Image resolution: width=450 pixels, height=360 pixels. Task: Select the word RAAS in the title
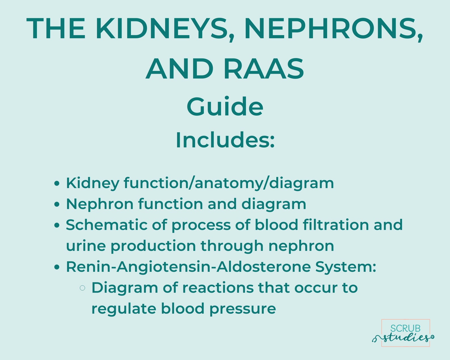264,69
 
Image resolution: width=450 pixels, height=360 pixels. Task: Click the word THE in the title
56,29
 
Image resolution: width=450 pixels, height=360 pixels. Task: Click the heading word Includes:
225,140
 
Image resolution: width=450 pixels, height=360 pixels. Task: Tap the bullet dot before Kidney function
57,183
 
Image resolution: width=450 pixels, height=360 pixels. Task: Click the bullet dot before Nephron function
57,204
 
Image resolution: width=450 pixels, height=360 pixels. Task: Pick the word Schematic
107,225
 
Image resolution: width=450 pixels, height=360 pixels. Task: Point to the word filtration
336,225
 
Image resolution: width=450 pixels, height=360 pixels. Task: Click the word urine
86,246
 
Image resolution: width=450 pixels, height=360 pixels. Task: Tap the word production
153,246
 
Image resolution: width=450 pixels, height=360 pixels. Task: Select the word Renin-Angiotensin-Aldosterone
188,267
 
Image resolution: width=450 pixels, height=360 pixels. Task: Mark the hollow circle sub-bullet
82,288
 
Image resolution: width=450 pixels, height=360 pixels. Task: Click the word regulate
124,309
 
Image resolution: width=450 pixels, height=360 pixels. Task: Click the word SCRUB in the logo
405,328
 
